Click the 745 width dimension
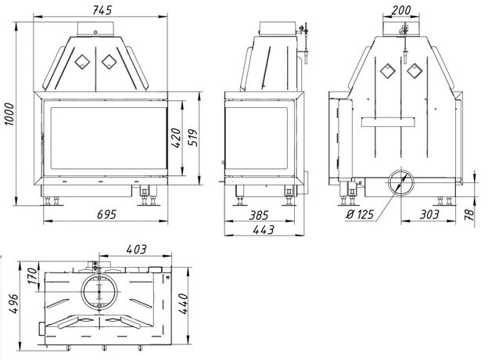[102, 10]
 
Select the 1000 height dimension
[9, 114]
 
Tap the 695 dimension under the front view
[106, 214]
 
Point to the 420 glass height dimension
[175, 138]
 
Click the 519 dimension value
[193, 137]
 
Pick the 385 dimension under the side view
[259, 215]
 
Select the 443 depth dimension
[264, 230]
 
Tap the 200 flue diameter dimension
[401, 10]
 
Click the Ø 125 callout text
[360, 214]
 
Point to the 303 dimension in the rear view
[429, 214]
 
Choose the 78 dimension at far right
[470, 214]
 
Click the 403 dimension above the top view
[136, 249]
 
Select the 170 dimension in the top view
[32, 275]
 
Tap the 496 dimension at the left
[14, 304]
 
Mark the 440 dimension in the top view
[184, 304]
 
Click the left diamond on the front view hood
[82, 61]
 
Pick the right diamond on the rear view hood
[414, 70]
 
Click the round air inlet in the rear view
[401, 182]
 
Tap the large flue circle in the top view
[99, 291]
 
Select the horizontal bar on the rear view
[388, 121]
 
